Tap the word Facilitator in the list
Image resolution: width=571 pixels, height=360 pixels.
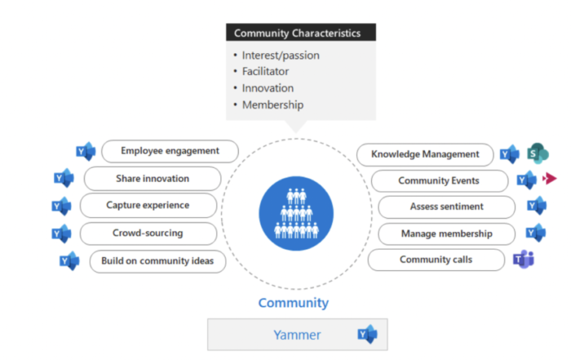[265, 71]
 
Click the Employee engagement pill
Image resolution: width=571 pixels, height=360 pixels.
[170, 151]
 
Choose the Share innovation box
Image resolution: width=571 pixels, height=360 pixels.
[153, 179]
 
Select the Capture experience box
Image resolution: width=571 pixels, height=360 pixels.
[148, 205]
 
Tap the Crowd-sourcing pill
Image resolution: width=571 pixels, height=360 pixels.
[148, 233]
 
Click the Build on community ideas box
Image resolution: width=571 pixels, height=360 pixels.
[157, 261]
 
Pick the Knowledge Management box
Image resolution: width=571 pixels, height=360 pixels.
[425, 154]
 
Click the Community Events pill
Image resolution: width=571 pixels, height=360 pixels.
[440, 180]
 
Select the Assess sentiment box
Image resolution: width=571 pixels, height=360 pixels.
[446, 207]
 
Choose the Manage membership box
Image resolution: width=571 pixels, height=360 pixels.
[446, 234]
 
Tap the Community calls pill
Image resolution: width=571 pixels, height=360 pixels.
[436, 260]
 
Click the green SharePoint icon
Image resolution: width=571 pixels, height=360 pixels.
[538, 153]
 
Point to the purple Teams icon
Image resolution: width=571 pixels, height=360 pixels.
[524, 260]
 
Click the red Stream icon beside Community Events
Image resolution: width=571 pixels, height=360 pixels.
[550, 179]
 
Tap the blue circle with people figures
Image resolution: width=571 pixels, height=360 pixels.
[296, 214]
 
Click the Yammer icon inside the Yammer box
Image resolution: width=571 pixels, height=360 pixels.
[367, 334]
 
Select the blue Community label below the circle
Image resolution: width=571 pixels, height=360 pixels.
[294, 303]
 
